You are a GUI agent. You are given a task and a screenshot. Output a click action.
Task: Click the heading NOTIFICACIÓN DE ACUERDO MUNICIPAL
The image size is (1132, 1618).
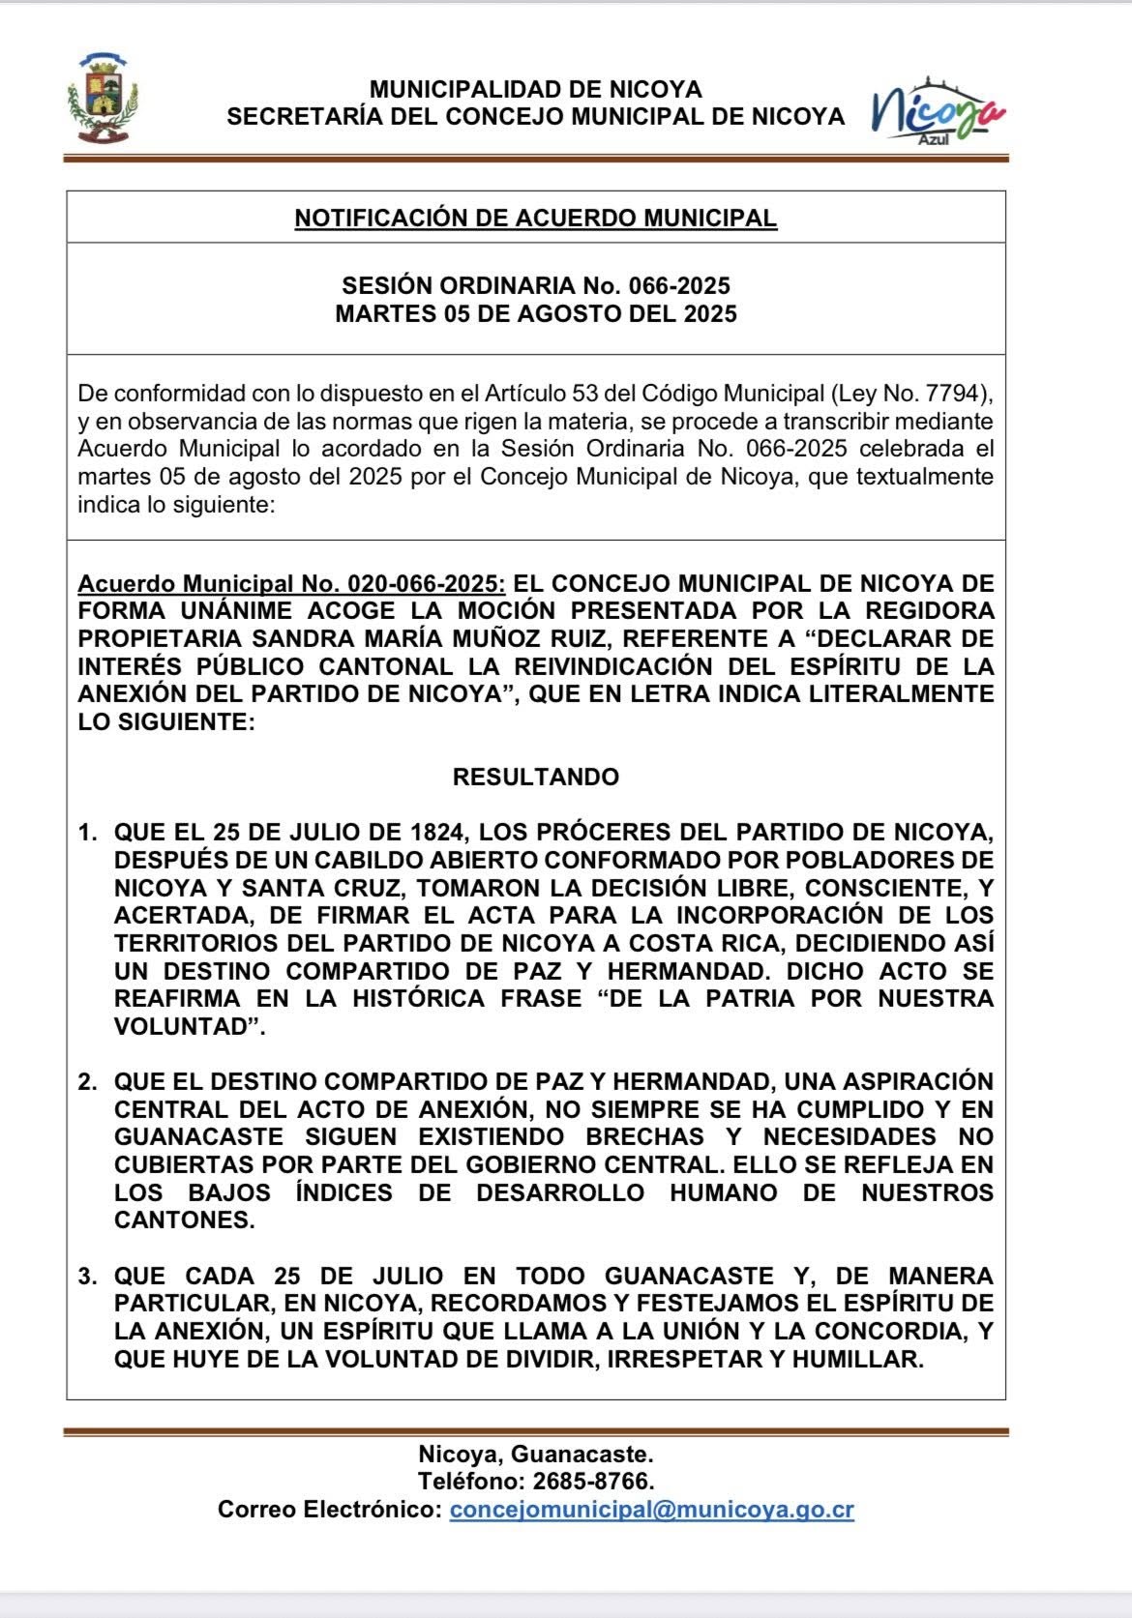point(535,219)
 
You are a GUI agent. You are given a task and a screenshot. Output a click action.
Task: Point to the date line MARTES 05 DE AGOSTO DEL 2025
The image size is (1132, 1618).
point(535,314)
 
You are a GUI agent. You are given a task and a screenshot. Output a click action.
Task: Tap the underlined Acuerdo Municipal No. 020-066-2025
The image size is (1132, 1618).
point(290,584)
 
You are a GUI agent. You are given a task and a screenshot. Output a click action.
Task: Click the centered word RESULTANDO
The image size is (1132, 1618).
point(535,778)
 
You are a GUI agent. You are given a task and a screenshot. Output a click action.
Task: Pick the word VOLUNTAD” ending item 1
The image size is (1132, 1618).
point(190,1027)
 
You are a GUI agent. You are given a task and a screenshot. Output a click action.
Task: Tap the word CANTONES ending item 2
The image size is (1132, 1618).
point(184,1221)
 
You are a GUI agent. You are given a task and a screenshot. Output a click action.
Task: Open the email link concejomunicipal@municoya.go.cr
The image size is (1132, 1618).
point(651,1510)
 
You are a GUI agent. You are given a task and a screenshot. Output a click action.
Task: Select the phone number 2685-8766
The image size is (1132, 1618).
point(590,1482)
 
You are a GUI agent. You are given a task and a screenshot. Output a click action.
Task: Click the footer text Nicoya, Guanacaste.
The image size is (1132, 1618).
point(535,1454)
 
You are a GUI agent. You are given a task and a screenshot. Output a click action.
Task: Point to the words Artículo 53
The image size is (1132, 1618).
point(544,395)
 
